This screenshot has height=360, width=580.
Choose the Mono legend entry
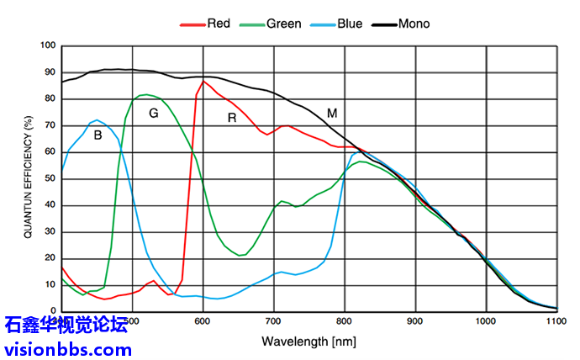[412, 24]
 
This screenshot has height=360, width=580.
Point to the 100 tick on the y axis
[48, 45]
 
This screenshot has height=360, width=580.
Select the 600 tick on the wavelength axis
[203, 321]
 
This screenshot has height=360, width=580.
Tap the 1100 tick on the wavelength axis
[557, 321]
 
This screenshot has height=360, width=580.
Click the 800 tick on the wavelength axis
[345, 321]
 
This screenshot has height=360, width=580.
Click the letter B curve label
[98, 134]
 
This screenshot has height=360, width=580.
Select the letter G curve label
[153, 113]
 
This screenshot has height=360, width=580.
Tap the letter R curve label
[232, 118]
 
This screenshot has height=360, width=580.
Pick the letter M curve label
[332, 113]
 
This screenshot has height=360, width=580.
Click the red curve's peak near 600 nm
[203, 81]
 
